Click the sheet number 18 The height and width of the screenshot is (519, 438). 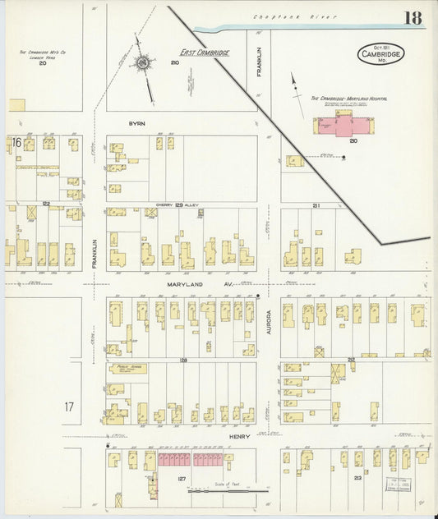(413, 18)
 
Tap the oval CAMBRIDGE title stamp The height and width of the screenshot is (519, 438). (380, 54)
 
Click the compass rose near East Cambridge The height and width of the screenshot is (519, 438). (143, 62)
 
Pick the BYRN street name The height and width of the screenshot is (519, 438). (136, 123)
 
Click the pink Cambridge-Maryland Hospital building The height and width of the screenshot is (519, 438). (340, 126)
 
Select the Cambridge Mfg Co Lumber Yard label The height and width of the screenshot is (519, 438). (43, 54)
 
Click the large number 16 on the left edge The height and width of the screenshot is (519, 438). (16, 142)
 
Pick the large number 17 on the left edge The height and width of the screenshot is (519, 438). (70, 406)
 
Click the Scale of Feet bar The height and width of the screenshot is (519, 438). (227, 491)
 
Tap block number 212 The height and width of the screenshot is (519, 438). (351, 360)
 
